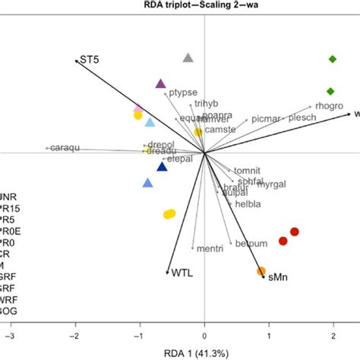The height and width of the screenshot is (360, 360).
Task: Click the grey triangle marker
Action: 188,58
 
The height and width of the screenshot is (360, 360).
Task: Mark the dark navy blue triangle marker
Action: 161,167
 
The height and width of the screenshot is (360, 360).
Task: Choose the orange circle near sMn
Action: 261,271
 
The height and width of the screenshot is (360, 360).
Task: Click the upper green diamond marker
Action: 332,59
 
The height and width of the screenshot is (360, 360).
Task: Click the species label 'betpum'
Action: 250,242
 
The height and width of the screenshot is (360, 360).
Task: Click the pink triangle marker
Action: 137,109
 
